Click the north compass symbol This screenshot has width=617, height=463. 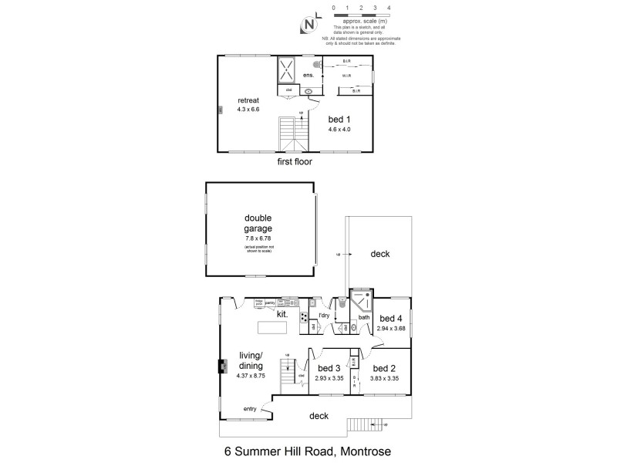pos(308,24)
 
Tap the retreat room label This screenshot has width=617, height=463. pos(248,100)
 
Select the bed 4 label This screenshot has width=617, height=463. pos(391,319)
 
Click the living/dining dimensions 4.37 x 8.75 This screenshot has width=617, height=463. pos(251,376)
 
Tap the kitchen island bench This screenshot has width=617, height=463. pos(271,328)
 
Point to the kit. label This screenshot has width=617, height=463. pos(282,314)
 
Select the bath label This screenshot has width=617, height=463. pos(364,317)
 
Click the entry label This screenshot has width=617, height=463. pos(250,408)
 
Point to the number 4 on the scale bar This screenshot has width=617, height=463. pos(389,7)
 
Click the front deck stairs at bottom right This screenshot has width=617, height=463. pos(362,424)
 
